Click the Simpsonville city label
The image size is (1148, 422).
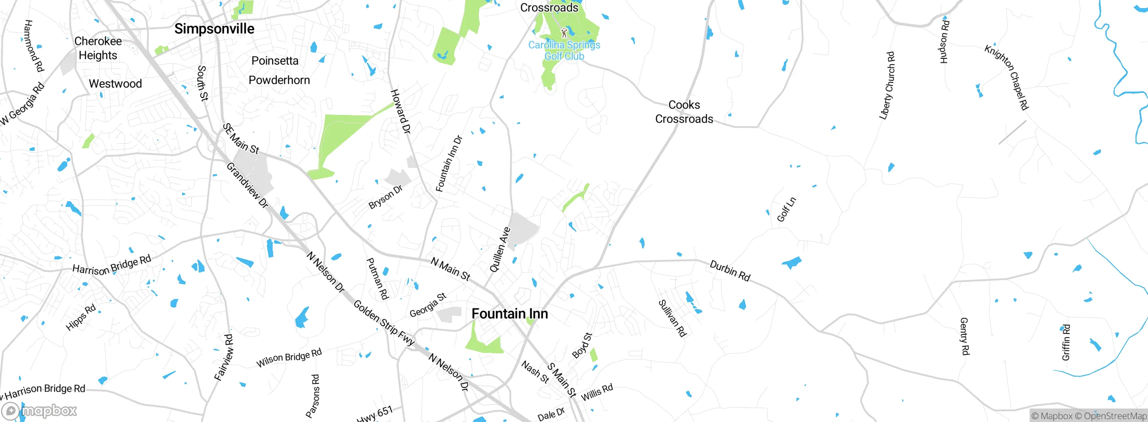click(x=214, y=29)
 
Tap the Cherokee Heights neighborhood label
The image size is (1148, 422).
click(x=98, y=48)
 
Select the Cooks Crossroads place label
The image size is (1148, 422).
click(x=684, y=112)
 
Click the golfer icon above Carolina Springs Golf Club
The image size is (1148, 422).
click(x=564, y=32)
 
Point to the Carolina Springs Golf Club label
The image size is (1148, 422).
click(x=564, y=50)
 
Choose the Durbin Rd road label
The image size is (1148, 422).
click(x=730, y=271)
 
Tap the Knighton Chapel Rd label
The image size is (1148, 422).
click(x=1007, y=77)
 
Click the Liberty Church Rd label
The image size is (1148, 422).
click(x=887, y=85)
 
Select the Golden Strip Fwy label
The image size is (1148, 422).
click(x=384, y=322)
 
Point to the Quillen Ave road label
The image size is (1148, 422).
click(x=500, y=250)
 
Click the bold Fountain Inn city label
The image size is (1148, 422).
click(x=510, y=313)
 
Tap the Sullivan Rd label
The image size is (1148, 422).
click(x=672, y=318)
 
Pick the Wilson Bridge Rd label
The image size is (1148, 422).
click(x=289, y=357)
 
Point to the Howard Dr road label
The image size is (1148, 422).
click(x=400, y=111)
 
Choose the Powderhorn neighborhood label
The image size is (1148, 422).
click(x=279, y=80)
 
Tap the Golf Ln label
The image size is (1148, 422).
click(x=787, y=209)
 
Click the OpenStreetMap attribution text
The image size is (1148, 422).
click(x=1115, y=416)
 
